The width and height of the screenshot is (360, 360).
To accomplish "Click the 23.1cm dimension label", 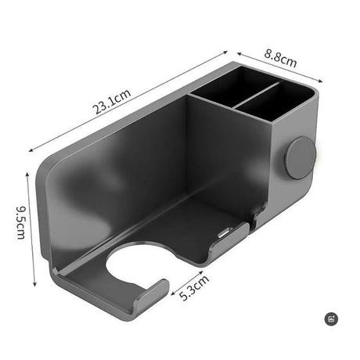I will coord(113,101).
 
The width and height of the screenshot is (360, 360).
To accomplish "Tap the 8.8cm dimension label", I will coord(277,57).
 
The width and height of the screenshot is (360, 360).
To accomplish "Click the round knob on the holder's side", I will coord(299,158).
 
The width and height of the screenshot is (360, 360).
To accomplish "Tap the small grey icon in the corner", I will coord(331,319).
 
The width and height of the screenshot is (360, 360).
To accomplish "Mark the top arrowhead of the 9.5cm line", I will coord(29,175).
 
